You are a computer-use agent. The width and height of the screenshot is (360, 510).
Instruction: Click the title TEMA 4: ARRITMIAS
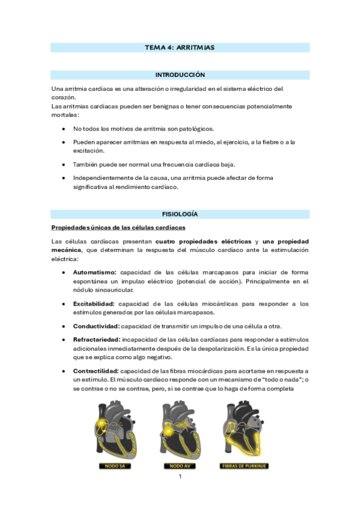coord(180,47)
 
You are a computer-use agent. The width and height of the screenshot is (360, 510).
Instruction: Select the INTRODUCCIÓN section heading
coord(180,75)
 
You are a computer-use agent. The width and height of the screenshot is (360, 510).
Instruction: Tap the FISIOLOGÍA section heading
coord(180,214)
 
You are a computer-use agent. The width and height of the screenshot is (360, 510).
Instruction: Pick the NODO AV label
coord(178,465)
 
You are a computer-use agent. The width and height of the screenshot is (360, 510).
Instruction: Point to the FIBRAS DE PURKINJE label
coord(243,465)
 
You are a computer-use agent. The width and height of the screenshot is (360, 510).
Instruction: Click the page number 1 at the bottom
coord(180,478)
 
